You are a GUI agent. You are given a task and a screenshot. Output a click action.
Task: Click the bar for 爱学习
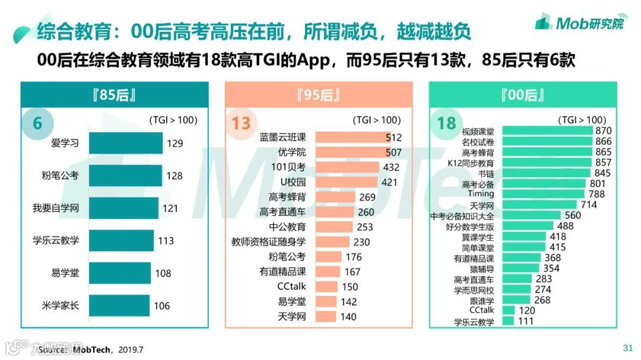click(125, 143)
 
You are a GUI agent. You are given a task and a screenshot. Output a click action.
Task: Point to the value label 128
click(174, 176)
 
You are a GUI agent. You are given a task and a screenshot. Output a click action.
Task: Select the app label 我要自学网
click(55, 208)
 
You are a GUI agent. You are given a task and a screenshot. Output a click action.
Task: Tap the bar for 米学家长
click(119, 305)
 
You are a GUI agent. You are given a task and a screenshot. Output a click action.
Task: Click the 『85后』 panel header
click(115, 95)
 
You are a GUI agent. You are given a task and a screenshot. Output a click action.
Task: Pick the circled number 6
click(38, 123)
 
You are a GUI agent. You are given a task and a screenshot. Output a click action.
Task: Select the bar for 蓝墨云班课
click(353, 137)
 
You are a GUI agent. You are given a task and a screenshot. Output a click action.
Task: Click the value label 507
click(393, 152)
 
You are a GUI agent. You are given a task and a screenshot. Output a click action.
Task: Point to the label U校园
click(293, 181)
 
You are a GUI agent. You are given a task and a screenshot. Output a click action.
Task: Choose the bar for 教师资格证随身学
click(334, 242)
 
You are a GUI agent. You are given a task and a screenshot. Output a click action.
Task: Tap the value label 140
click(348, 317)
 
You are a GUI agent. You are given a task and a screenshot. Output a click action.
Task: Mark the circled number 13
click(241, 123)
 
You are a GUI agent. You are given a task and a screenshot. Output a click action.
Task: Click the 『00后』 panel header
click(523, 95)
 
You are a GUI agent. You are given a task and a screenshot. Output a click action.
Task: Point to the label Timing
click(481, 194)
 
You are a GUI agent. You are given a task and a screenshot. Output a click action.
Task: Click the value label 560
click(573, 215)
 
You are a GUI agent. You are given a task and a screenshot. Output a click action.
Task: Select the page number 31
click(627, 348)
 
